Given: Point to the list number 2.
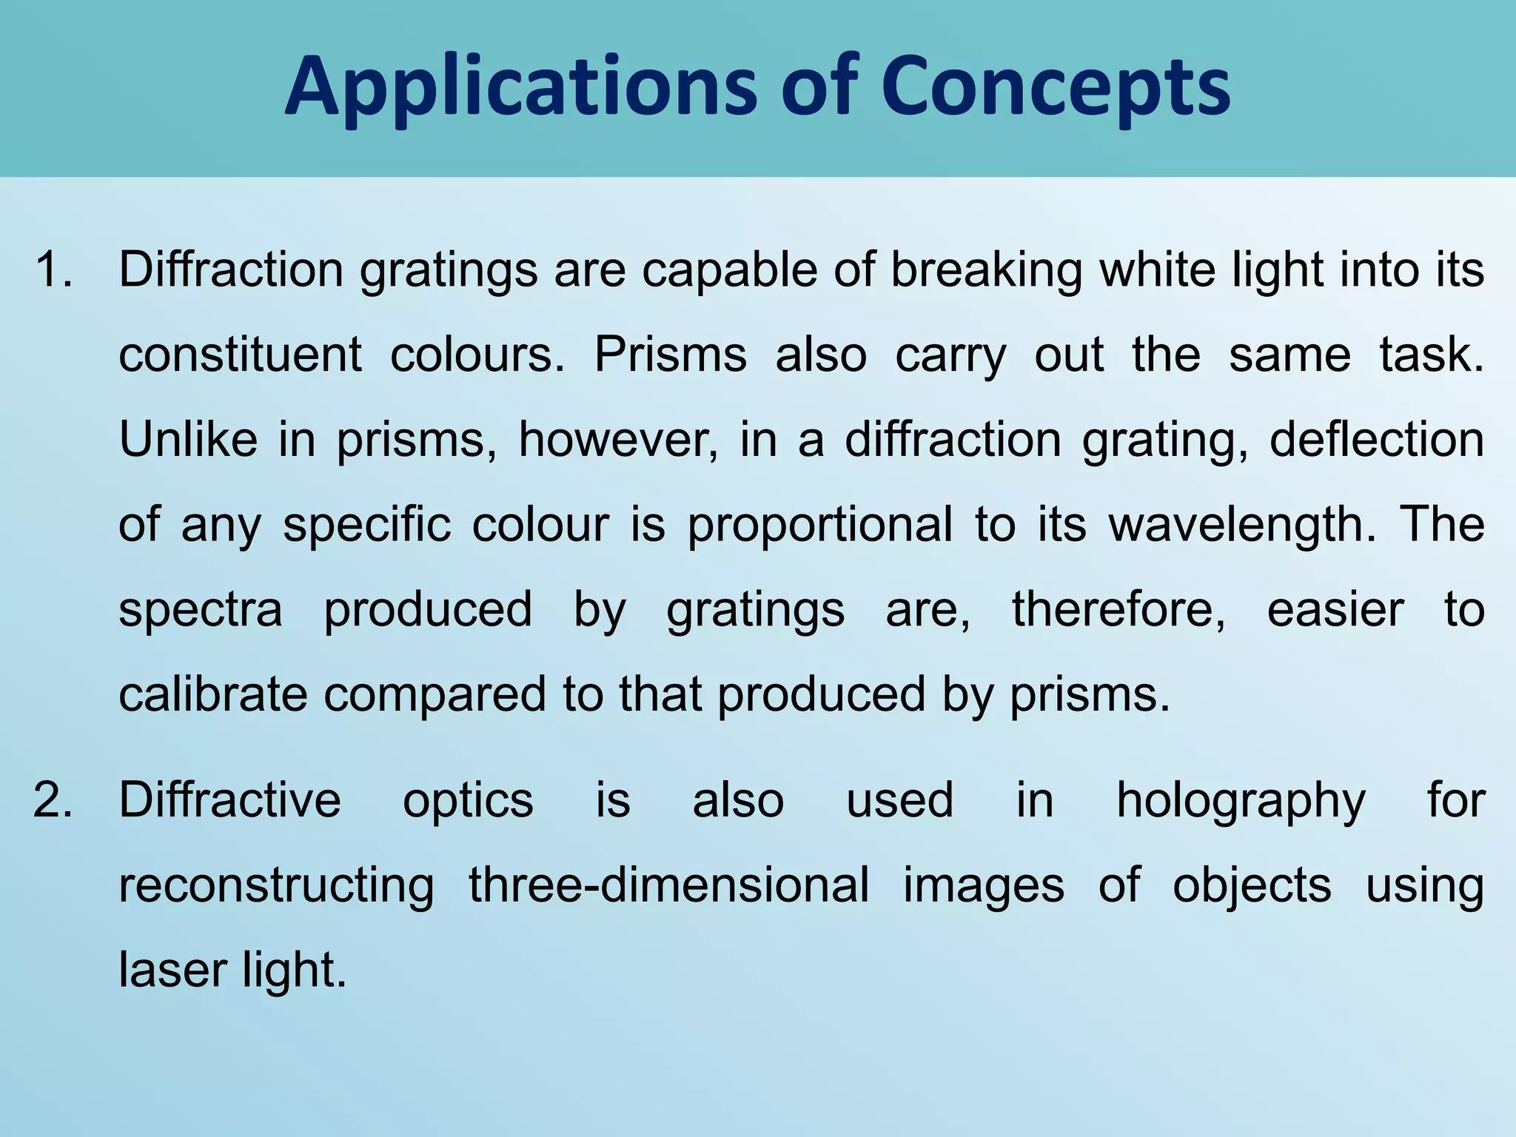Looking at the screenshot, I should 53,799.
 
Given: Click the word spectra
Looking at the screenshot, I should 201,611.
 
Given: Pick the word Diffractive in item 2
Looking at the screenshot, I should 230,799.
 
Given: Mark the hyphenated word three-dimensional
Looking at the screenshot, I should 669,885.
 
